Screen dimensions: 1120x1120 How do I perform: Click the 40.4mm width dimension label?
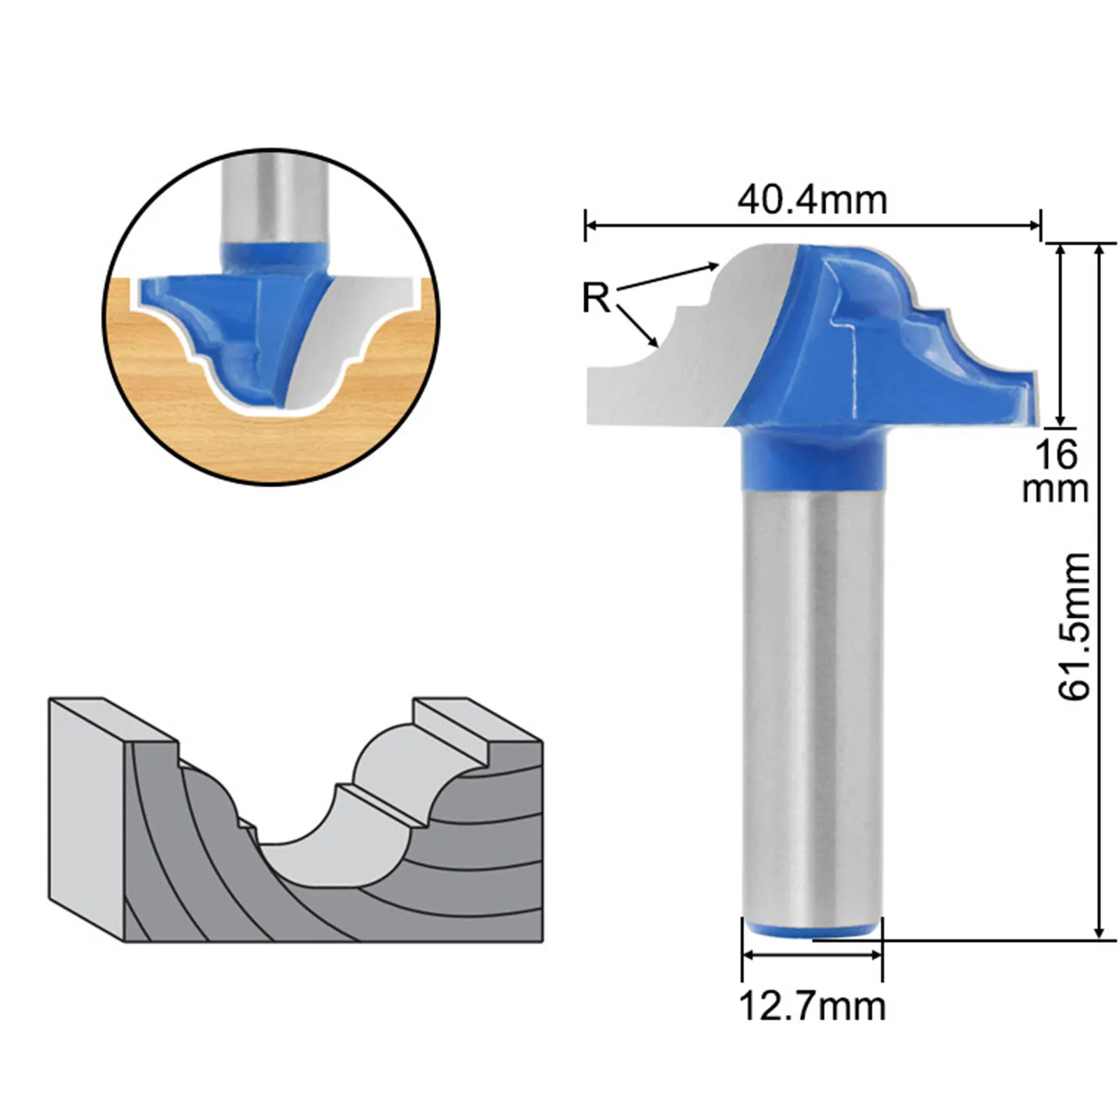(x=812, y=200)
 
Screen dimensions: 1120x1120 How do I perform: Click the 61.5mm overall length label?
(x=1074, y=626)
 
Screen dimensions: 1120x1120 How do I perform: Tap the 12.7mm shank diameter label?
(x=812, y=1007)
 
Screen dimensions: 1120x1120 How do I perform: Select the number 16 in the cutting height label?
(x=1056, y=455)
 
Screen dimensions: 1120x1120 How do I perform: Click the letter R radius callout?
(x=596, y=298)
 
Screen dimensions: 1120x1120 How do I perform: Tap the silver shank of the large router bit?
(x=812, y=700)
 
